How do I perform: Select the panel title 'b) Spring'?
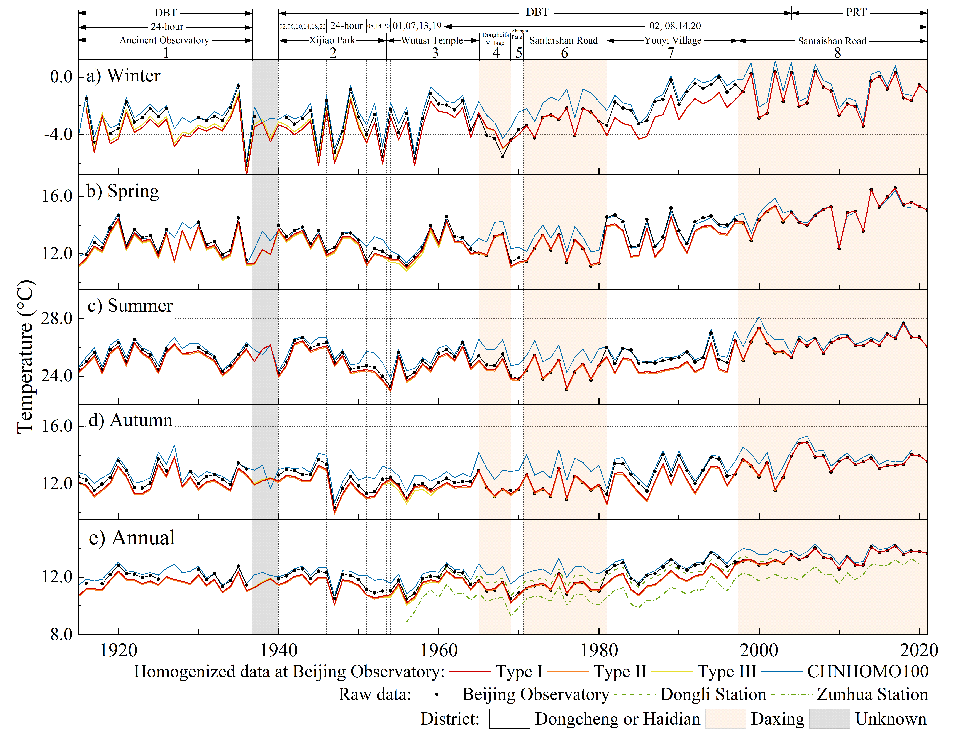[123, 191]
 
